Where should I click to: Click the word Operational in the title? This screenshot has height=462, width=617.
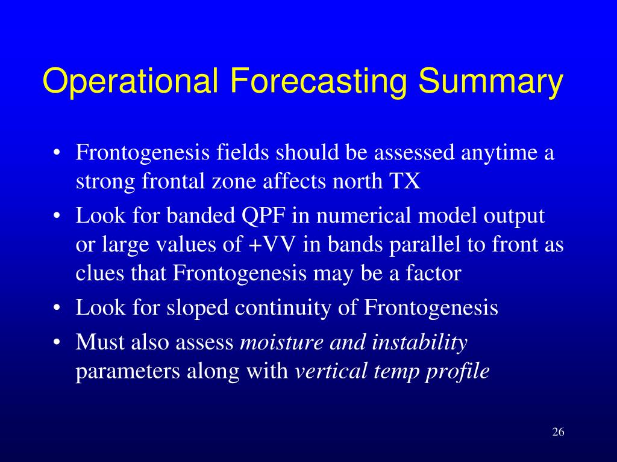(x=130, y=81)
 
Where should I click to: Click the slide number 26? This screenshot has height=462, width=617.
(x=558, y=432)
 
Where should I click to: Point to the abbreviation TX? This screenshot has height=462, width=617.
(x=405, y=181)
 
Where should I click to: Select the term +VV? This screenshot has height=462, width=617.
(x=272, y=244)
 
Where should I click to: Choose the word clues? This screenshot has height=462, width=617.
(x=99, y=273)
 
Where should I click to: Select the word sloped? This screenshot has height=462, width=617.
(x=198, y=307)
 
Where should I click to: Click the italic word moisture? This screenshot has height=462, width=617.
(x=282, y=342)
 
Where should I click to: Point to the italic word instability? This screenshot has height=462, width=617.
(x=419, y=342)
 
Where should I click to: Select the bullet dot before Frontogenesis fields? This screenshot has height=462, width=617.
(x=57, y=153)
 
